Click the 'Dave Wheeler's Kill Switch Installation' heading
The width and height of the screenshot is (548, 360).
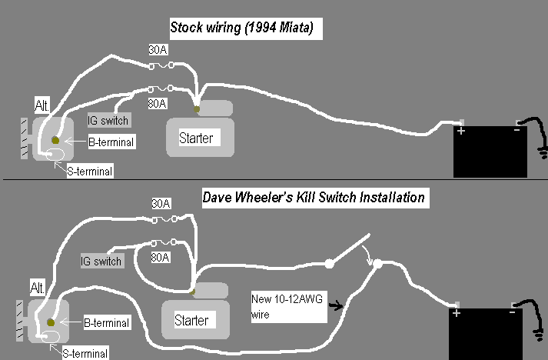[x=313, y=198]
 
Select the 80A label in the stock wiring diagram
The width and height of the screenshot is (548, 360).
[x=158, y=100]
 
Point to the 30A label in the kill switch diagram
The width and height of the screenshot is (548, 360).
[x=161, y=205]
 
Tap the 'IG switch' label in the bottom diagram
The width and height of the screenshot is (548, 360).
[x=101, y=262]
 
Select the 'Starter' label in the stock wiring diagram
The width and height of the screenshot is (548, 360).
[x=196, y=138]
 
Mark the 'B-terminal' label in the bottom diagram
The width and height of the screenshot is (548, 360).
[x=105, y=323]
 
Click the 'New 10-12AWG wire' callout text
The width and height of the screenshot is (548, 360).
[x=277, y=306]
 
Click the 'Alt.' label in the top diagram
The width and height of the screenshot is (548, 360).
[x=43, y=104]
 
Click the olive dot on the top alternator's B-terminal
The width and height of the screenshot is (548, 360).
[x=55, y=140]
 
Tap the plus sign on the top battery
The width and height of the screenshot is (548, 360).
[x=462, y=132]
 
